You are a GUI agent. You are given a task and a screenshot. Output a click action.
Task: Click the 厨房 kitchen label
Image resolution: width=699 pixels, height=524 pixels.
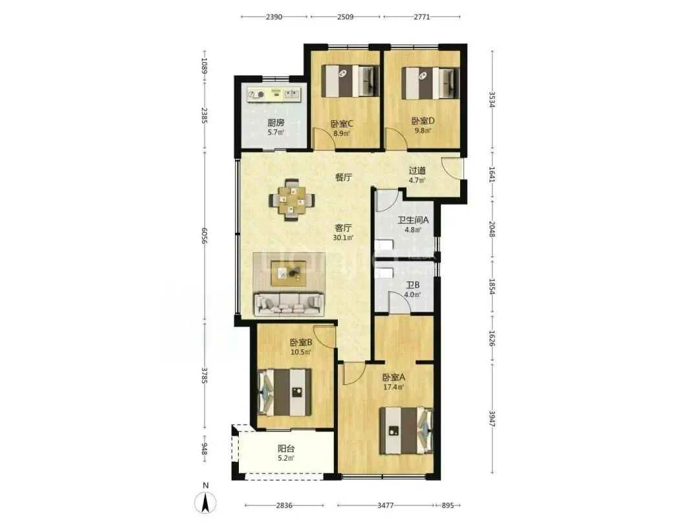(x=276, y=122)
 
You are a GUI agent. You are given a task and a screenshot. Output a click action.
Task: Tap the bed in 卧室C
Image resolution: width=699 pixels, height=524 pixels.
(x=350, y=81)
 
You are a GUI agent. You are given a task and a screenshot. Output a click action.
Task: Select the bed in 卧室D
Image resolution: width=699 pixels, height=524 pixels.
(x=430, y=83)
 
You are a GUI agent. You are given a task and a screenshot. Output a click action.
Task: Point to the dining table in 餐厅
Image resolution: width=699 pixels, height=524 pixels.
(x=292, y=200)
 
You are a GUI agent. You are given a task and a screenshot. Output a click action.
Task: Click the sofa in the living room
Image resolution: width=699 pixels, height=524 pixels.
(x=289, y=303)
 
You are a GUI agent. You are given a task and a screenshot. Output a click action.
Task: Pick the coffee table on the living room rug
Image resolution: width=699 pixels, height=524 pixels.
(x=288, y=273)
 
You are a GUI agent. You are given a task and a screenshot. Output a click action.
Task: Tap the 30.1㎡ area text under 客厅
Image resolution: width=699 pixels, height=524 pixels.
(x=343, y=237)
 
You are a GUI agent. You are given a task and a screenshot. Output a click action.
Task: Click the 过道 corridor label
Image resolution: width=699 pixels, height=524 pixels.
(x=417, y=171)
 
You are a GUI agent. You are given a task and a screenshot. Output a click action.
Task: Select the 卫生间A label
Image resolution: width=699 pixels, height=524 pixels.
(x=413, y=220)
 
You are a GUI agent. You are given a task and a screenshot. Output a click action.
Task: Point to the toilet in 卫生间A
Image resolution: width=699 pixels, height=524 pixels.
(x=383, y=246)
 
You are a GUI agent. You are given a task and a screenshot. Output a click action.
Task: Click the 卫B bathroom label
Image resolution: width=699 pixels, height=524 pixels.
(x=412, y=285)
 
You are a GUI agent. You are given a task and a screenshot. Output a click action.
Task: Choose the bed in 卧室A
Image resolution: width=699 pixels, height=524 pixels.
(x=406, y=431)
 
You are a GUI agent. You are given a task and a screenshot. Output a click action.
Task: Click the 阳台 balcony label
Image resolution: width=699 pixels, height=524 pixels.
(x=286, y=449)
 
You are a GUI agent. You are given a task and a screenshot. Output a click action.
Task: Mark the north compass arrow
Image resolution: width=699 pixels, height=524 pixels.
(x=206, y=503)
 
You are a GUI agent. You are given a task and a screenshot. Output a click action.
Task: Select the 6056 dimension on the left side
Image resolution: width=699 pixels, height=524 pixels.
(x=204, y=235)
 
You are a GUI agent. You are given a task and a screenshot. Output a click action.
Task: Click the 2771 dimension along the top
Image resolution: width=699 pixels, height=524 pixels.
(x=422, y=17)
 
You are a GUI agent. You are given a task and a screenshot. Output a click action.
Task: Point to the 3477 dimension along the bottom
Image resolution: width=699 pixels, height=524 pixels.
(x=385, y=505)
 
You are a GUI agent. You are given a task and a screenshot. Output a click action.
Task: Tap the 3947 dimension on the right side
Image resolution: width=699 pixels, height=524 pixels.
(x=492, y=419)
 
